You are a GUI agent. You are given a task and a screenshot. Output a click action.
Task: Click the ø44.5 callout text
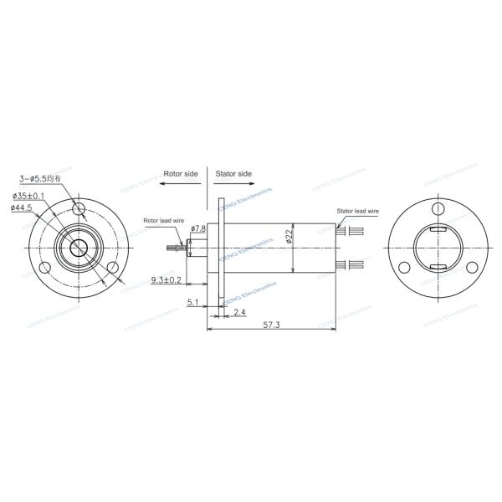click(x=23, y=207)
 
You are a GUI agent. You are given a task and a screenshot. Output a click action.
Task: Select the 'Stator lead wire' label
click(x=358, y=212)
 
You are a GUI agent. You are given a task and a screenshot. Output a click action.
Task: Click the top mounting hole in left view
click(x=80, y=207)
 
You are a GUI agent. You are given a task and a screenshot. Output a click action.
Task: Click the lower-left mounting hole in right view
click(x=404, y=267)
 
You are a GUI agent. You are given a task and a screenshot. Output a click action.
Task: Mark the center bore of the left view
click(x=80, y=248)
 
